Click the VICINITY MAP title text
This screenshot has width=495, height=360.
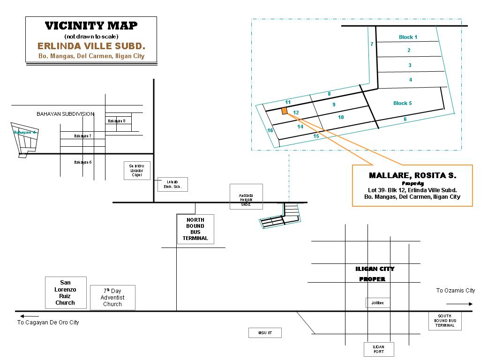click(91, 26)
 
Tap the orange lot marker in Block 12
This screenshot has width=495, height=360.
click(284, 111)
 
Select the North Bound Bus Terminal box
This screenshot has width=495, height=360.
click(195, 229)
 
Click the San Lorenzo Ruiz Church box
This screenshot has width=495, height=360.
click(66, 292)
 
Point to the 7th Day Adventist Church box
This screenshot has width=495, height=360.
click(112, 298)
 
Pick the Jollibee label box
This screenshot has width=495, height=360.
click(377, 303)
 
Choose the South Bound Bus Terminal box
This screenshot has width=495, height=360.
click(445, 321)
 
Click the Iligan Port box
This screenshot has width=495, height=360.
click(379, 349)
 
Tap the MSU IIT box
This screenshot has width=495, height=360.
click(265, 333)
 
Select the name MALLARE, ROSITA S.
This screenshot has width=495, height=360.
click(412, 175)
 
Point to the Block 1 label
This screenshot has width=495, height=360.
click(408, 37)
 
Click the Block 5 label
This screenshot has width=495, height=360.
click(402, 103)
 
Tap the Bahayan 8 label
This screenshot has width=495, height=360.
click(116, 121)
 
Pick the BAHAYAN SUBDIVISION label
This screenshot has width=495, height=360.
click(66, 114)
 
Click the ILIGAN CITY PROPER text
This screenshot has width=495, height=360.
click(375, 274)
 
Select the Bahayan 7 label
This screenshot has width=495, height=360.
click(82, 136)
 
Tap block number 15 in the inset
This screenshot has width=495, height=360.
click(316, 136)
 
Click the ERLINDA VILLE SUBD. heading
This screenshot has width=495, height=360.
click(91, 46)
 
